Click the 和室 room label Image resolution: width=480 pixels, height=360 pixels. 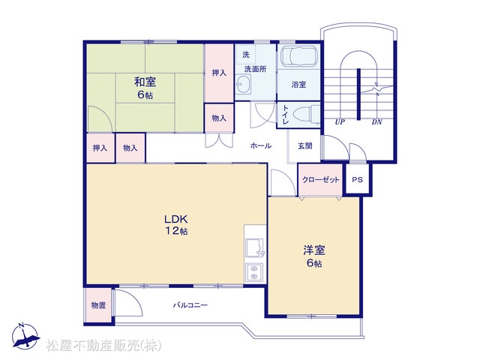click(x=145, y=82)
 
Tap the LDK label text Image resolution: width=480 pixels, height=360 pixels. click(x=175, y=219)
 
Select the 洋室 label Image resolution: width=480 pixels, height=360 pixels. click(x=314, y=250)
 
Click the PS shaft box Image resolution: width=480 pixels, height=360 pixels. click(x=357, y=179)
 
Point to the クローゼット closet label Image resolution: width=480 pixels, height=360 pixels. click(x=321, y=180)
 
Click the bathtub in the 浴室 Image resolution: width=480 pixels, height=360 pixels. click(x=299, y=55)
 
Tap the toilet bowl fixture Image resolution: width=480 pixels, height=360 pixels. click(x=307, y=115)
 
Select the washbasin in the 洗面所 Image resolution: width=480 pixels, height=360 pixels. click(x=244, y=83)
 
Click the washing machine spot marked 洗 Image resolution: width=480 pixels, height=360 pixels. click(x=246, y=55)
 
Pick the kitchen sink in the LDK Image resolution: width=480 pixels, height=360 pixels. click(x=255, y=247)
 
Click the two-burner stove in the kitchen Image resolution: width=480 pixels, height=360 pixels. click(x=254, y=272)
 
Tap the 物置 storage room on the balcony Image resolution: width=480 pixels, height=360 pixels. click(x=98, y=305)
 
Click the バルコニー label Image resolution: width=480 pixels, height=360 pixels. click(x=190, y=305)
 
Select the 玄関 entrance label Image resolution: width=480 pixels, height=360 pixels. click(x=305, y=146)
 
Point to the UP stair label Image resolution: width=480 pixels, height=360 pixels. click(x=340, y=121)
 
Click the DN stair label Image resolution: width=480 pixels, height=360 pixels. click(x=376, y=121)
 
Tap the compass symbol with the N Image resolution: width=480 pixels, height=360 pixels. click(x=25, y=337)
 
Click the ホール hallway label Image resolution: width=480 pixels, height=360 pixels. click(x=261, y=145)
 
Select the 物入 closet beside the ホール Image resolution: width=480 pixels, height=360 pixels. click(x=219, y=118)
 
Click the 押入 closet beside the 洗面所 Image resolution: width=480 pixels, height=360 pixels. click(x=219, y=73)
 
